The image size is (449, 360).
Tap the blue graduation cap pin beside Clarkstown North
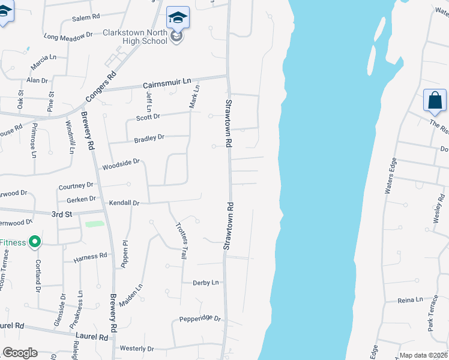[x=178, y=18]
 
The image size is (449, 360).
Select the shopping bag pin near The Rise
[x=435, y=100]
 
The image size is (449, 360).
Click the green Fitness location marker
[x=35, y=242]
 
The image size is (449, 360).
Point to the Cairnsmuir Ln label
[x=166, y=82]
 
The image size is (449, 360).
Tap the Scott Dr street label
[x=148, y=117]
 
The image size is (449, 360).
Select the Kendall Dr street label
[x=124, y=203]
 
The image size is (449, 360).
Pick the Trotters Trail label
[x=181, y=241]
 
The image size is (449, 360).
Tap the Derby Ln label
[x=206, y=283]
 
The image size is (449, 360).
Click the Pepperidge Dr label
[x=200, y=319]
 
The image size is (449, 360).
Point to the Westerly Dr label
[x=137, y=349]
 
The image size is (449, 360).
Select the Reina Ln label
[x=411, y=299]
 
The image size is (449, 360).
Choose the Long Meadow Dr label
[x=68, y=36]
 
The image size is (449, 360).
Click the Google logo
[x=20, y=353]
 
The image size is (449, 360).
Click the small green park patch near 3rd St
[x=94, y=224]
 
